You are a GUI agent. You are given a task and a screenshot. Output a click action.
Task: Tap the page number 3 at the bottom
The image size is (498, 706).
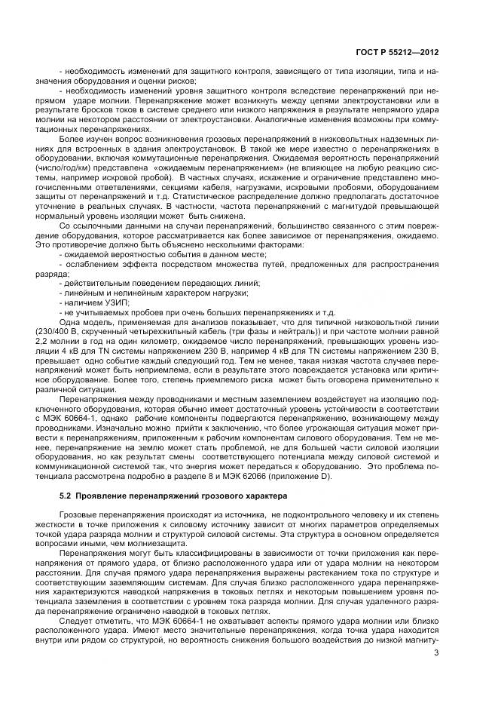(x=436, y=653)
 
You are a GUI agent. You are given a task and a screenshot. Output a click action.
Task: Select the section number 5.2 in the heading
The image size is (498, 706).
(x=66, y=495)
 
